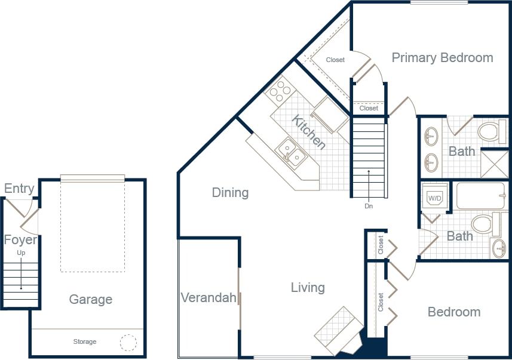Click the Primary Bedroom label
[x=442, y=58]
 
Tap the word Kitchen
[x=309, y=132]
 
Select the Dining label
[x=230, y=192]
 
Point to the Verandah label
[x=209, y=297]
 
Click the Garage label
[x=90, y=299]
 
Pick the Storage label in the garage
[x=85, y=341]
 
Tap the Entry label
[x=19, y=189]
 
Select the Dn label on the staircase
[x=369, y=207]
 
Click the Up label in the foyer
[x=21, y=253]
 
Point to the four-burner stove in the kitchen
[x=279, y=92]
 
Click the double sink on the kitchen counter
[x=292, y=152]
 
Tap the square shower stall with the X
[x=495, y=162]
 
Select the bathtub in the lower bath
[x=481, y=196]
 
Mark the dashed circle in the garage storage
[x=128, y=343]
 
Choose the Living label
[x=308, y=288]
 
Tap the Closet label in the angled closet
[x=335, y=60]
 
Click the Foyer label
[x=20, y=240]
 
